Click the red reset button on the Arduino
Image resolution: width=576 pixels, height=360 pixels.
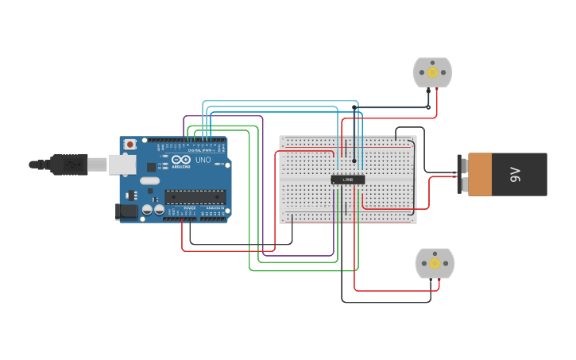pos(130,145)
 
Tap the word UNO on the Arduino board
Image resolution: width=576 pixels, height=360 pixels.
pos(203,161)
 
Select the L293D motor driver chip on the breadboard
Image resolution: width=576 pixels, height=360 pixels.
pos(348,180)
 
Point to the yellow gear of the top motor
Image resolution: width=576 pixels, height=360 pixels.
pos(432,72)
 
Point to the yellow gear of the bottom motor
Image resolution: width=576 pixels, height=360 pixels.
pos(435,263)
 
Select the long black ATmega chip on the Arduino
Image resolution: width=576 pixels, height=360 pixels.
pos(195,196)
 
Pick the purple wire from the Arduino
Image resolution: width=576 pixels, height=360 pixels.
pos(262,256)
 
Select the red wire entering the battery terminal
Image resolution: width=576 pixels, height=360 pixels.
pos(445,177)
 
